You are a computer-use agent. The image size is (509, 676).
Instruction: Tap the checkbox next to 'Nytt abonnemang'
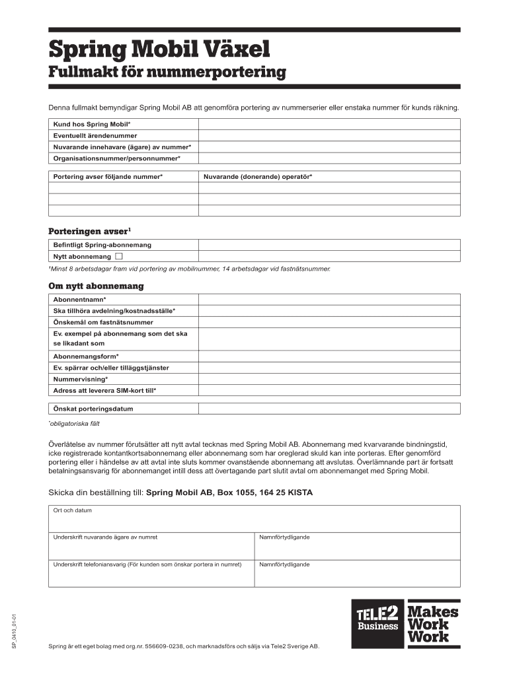click(119, 255)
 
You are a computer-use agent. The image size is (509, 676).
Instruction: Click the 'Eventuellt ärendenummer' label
click(95, 135)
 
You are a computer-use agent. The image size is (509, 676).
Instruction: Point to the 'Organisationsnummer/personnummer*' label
click(116, 158)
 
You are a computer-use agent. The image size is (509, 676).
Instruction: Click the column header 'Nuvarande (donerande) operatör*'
click(258, 176)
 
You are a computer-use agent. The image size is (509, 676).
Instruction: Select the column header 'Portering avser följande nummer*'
click(108, 176)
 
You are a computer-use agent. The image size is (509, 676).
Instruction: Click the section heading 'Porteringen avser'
click(89, 231)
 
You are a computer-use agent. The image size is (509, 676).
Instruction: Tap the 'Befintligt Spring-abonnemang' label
click(102, 245)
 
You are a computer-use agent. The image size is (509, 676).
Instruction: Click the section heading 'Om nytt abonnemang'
click(96, 287)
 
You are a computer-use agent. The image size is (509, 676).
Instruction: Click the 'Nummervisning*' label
click(80, 379)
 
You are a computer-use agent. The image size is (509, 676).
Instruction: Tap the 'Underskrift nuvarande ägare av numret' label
click(105, 537)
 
